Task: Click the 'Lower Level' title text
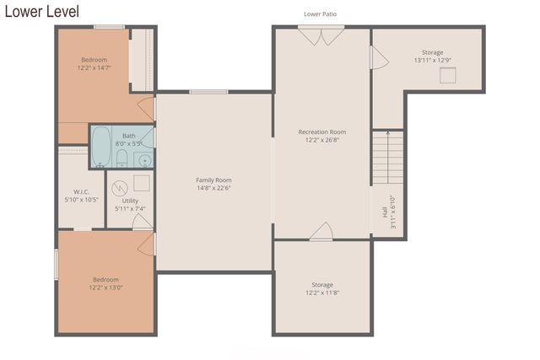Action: (42, 11)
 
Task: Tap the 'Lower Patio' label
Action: (321, 14)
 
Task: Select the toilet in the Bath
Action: (122, 159)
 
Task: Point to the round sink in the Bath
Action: (144, 159)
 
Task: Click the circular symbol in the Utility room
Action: (119, 185)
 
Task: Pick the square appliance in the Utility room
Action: (142, 183)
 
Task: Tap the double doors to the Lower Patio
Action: (321, 36)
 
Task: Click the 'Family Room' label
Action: (213, 180)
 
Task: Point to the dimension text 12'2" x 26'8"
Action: (321, 140)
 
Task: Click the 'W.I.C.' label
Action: (81, 191)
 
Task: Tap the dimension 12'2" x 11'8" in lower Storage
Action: (321, 293)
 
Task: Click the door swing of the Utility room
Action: (143, 221)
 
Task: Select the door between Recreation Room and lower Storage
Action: (321, 232)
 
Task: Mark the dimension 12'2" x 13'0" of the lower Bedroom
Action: (105, 287)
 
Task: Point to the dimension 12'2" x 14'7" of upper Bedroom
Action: (94, 67)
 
